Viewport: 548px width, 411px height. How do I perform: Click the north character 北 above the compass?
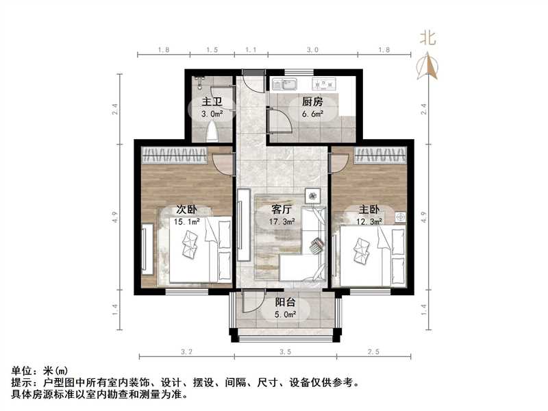pyautogui.click(x=428, y=39)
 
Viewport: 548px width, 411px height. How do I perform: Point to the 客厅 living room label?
pyautogui.click(x=282, y=210)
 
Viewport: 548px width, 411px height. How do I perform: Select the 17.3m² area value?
pyautogui.click(x=282, y=222)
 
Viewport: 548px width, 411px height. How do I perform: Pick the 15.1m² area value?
pyautogui.click(x=186, y=221)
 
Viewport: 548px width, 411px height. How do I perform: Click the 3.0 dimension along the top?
pyautogui.click(x=312, y=51)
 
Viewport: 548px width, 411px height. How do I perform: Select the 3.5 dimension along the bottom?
pyautogui.click(x=285, y=352)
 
